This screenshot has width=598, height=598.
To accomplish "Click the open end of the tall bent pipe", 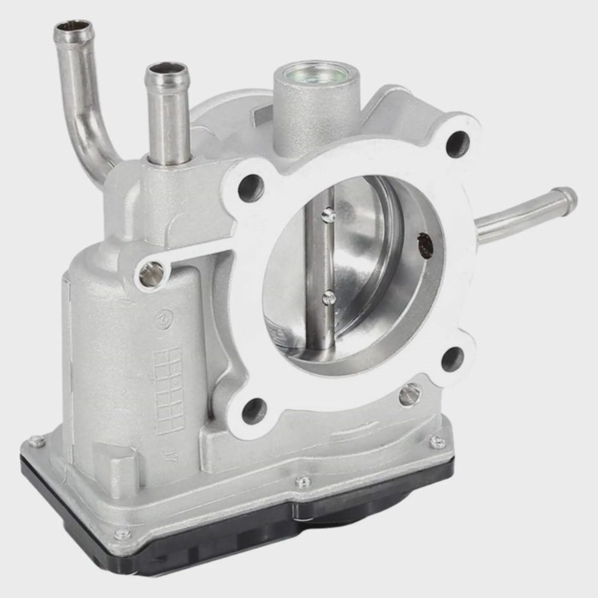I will (x=73, y=32).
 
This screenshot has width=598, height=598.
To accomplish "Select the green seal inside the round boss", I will (x=314, y=73).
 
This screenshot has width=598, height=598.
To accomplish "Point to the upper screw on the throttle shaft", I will (x=328, y=214).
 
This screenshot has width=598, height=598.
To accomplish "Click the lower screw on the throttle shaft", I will (x=328, y=297).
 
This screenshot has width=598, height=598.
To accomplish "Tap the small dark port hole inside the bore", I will (x=425, y=245).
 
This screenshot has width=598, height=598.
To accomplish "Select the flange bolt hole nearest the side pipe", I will (x=457, y=141).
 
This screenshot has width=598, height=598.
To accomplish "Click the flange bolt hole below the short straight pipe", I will (x=250, y=187).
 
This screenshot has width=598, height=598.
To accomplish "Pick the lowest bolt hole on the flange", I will (x=254, y=411).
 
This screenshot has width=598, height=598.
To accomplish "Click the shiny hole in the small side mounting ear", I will (x=150, y=273).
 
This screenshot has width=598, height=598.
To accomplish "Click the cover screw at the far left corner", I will (x=35, y=442).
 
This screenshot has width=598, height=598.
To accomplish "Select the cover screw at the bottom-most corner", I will (x=122, y=536).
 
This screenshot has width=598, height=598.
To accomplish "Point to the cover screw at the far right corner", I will (x=437, y=442).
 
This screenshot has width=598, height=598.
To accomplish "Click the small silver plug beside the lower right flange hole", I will (x=409, y=394).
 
